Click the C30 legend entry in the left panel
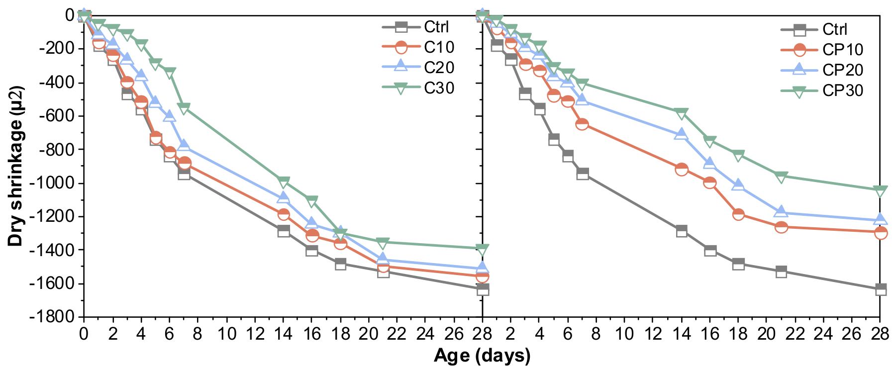pos(418,88)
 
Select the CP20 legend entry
pos(821,70)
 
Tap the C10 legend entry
pos(418,47)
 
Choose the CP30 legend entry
pos(821,91)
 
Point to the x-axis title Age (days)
pos(482,356)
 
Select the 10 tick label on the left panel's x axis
pos(226,334)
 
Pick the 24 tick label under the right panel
pos(823,334)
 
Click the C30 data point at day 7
pos(184,107)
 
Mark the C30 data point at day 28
pos(482,248)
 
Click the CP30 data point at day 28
pos(880,190)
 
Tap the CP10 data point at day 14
pos(682,169)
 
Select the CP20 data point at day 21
pos(781,212)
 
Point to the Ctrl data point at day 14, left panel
pos(284,231)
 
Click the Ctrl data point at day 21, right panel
pos(781,272)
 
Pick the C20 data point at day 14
pos(284,197)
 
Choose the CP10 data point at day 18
pos(738,214)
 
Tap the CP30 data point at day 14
pos(682,113)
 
